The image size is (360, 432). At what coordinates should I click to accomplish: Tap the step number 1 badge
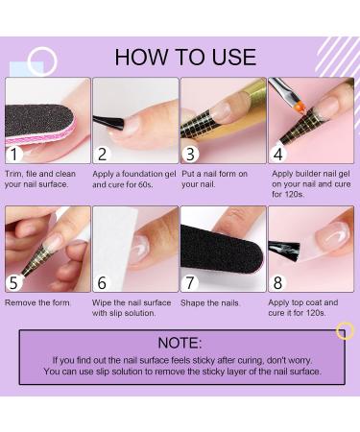(x=15, y=153)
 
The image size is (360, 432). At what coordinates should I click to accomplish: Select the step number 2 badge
(x=105, y=153)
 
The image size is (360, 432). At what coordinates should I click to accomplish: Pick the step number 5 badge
(x=15, y=281)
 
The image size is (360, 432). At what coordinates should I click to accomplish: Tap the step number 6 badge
(x=105, y=281)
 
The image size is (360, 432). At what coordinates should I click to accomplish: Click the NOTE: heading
(x=181, y=343)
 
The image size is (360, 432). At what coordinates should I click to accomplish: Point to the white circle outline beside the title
(x=41, y=61)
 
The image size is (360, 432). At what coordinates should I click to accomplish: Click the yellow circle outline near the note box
(x=345, y=331)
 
